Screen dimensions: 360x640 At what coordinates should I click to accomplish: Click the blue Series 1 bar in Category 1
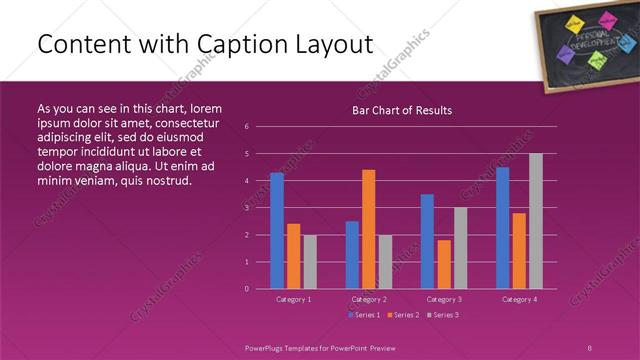point(276,231)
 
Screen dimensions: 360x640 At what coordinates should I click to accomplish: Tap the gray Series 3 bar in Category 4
point(536,221)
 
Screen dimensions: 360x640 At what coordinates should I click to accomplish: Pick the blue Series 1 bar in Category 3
point(427,241)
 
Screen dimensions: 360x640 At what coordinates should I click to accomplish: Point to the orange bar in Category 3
point(444,264)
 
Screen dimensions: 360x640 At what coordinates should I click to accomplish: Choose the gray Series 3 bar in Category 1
point(310,262)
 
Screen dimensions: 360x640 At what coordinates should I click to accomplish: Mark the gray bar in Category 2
point(386,262)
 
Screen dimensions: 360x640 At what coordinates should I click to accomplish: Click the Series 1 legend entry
point(363,315)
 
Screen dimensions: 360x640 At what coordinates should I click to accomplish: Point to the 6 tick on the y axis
point(246,127)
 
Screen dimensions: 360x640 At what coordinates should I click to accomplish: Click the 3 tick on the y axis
point(246,208)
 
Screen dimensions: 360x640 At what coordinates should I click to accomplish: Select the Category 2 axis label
point(368,299)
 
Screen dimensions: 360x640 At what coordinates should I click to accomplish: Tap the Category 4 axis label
point(518,299)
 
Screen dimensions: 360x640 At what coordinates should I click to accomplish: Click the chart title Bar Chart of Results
point(402,109)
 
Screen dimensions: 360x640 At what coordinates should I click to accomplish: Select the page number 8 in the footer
point(590,345)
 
